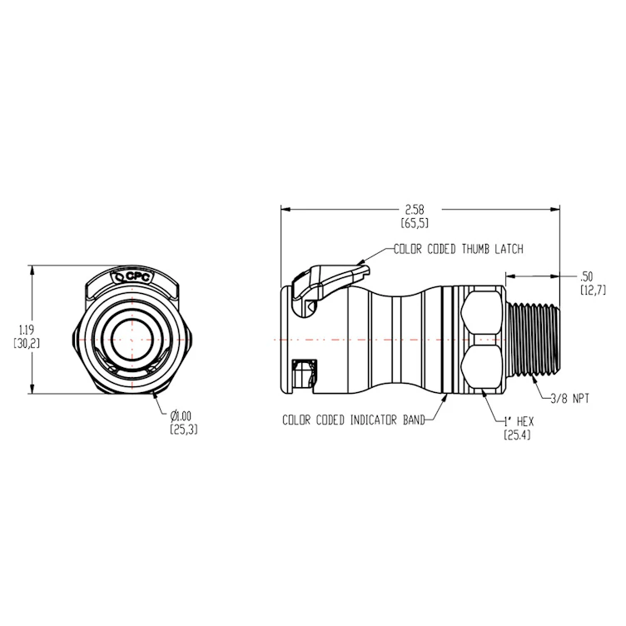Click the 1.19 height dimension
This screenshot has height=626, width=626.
point(20,330)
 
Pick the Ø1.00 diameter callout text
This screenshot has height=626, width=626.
point(183,416)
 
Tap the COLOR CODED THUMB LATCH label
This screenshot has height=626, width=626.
point(464,249)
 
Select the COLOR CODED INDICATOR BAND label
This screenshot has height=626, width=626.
point(353,420)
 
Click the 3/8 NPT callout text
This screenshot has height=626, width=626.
point(570,399)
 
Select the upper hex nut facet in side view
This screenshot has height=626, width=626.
point(480,312)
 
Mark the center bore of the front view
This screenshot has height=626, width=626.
point(132,337)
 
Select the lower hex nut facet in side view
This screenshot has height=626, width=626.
point(480,367)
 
